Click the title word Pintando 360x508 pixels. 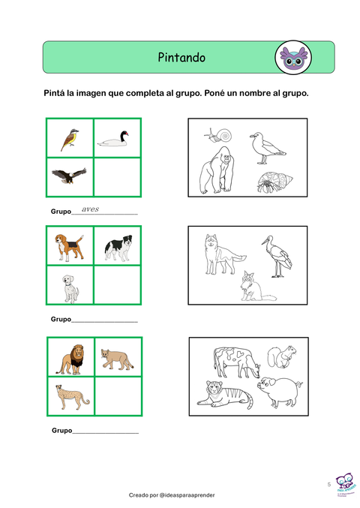pos(181,57)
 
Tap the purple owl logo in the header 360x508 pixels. pos(293,58)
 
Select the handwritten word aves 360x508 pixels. pos(90,209)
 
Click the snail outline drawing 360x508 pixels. pos(218,135)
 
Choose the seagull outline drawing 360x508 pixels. pos(267,148)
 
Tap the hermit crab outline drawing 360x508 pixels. pos(274,182)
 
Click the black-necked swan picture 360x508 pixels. pos(113,139)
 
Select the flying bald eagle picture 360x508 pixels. pos(69,176)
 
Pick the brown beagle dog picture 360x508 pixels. pos(69,247)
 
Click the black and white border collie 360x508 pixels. pos(118,248)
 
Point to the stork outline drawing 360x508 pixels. pos(277,257)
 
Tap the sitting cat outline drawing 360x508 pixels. pos(256,287)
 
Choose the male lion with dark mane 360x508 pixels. pos(71,359)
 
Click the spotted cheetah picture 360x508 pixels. pos(72,398)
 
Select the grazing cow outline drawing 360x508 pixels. pos(237,362)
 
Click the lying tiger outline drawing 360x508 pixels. pos(225,395)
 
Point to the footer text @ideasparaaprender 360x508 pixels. pos(187,495)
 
